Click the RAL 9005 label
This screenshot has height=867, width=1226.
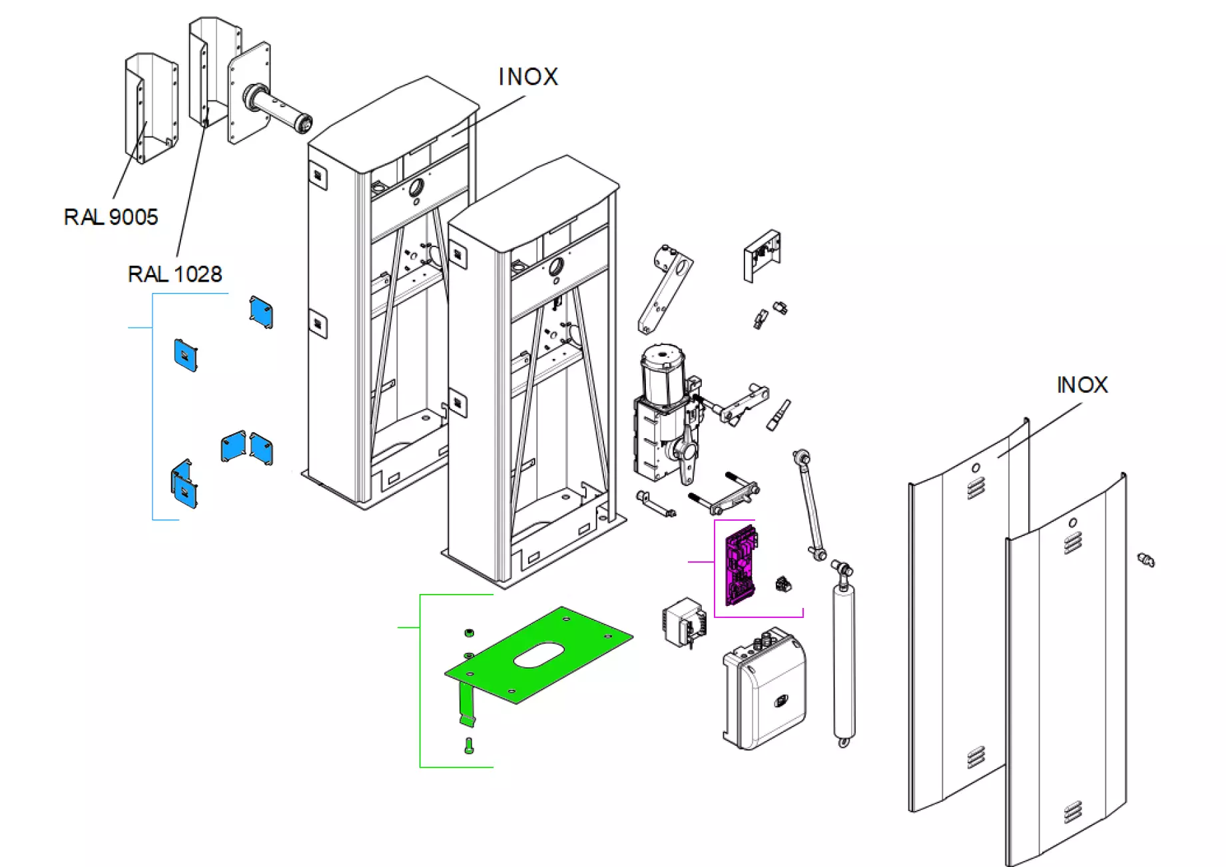click(x=111, y=217)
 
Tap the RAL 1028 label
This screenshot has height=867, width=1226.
click(x=174, y=274)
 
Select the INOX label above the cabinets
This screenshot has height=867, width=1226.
click(x=528, y=77)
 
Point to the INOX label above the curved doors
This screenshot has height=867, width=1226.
click(x=1082, y=385)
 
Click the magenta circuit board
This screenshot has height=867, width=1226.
click(x=741, y=565)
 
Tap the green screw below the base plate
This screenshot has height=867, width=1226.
click(x=469, y=746)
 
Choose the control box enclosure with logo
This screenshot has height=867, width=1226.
click(x=766, y=693)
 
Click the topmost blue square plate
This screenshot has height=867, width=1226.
click(x=261, y=312)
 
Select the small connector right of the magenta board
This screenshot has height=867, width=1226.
click(x=783, y=585)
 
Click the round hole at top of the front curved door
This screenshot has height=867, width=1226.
click(x=1072, y=523)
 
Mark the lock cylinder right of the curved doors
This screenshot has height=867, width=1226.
click(x=1146, y=559)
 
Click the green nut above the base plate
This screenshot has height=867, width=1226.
click(x=468, y=632)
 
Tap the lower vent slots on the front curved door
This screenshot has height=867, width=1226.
click(x=1072, y=812)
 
